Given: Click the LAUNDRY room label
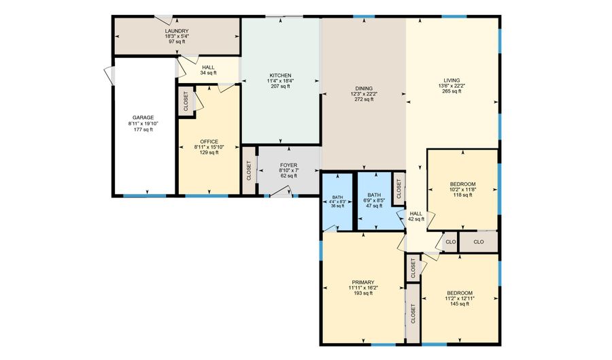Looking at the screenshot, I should [x=176, y=31].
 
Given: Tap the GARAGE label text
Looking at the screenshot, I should [x=143, y=117].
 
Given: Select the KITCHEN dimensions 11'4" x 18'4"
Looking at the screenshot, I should [x=280, y=81].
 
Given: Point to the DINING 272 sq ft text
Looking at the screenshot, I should [x=364, y=99].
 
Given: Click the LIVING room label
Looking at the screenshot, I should [x=452, y=80].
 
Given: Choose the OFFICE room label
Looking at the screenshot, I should [x=209, y=142].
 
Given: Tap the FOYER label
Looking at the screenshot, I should [x=288, y=165].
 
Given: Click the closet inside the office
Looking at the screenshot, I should [x=186, y=101].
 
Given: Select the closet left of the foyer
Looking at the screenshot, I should [x=248, y=169].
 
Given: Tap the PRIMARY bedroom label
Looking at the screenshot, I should [x=362, y=282].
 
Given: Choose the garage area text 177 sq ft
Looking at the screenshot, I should [x=143, y=129].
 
